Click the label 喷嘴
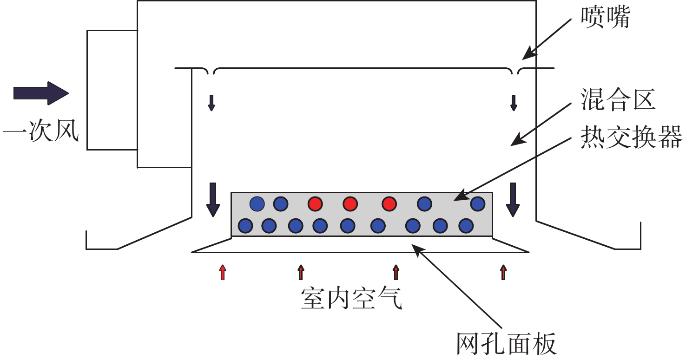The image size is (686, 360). point(605,17)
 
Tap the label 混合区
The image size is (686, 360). point(618,99)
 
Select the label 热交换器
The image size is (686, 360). point(632,137)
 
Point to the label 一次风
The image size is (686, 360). point(41,131)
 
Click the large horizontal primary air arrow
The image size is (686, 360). point(41,93)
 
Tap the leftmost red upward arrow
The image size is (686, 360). point(223,272)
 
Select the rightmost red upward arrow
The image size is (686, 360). point(503,272)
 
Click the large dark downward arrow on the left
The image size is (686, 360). point(213,200)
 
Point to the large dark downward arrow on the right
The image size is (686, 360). point(513,200)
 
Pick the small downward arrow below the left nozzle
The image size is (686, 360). point(211,103)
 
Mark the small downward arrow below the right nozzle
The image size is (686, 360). point(514,103)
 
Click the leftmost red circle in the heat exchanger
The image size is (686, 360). point(315,204)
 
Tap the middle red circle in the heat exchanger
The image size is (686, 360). point(350,204)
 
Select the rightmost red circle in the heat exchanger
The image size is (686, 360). point(389,204)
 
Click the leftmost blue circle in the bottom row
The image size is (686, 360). point(245,226)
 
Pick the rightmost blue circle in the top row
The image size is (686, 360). point(477,204)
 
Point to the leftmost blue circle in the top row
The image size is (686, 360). point(257,204)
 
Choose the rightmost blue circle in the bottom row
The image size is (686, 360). point(466,226)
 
